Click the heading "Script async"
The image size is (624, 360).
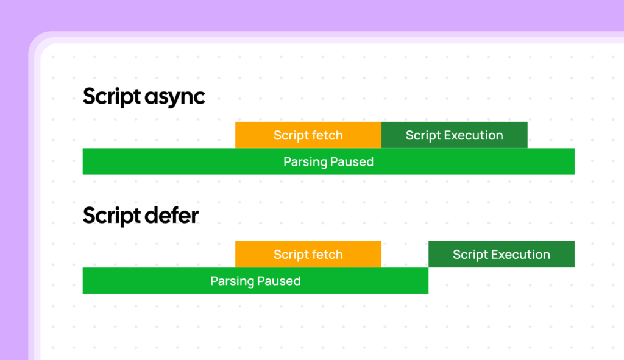(x=144, y=97)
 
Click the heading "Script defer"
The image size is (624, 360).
(x=141, y=216)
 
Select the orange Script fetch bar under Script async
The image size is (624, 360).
(x=308, y=135)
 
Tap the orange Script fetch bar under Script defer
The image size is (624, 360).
(x=308, y=255)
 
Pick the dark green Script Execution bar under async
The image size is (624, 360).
(x=455, y=135)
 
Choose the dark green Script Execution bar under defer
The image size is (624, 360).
(x=502, y=255)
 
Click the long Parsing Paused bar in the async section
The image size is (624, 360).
(x=328, y=162)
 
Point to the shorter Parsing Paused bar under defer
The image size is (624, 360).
(x=255, y=281)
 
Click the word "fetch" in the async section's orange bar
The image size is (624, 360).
(x=328, y=135)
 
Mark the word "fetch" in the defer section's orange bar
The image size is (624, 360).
(x=328, y=255)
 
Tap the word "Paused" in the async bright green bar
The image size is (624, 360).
(x=352, y=162)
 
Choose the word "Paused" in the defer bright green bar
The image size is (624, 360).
(x=278, y=281)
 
